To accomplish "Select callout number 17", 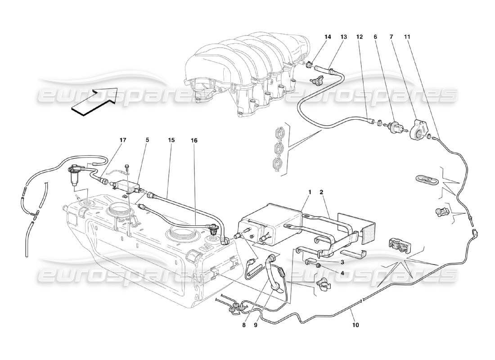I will [123, 140].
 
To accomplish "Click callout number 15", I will [171, 140].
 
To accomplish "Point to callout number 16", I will [194, 140].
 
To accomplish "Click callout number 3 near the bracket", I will [342, 262].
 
